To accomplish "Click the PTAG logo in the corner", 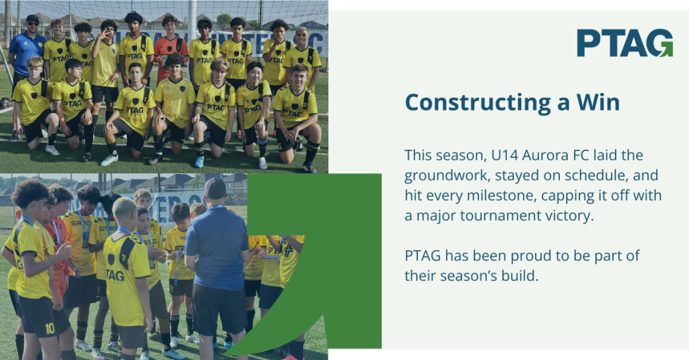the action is [x=625, y=43].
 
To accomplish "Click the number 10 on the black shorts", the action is [x=50, y=328].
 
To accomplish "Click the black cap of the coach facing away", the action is [x=215, y=188].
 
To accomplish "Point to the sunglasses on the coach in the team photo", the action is [x=33, y=23].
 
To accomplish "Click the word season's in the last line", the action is [x=470, y=276].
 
